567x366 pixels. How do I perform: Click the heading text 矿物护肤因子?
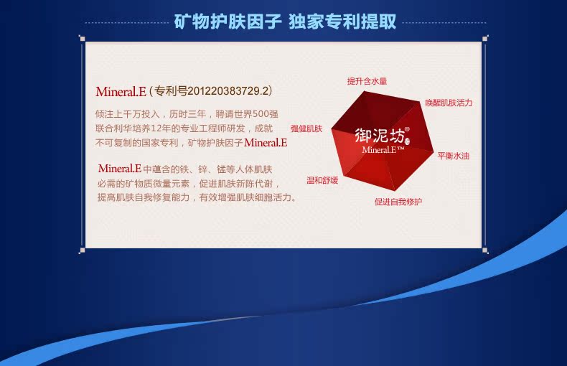(x=228, y=22)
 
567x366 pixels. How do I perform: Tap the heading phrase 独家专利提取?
(x=342, y=22)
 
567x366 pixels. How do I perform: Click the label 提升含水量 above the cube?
(x=367, y=81)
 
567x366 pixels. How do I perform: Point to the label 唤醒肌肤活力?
(x=449, y=103)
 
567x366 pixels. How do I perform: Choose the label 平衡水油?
(x=454, y=156)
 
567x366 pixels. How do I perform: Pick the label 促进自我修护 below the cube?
(x=398, y=202)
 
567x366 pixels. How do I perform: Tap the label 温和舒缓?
(x=322, y=180)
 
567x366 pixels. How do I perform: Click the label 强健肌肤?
(x=306, y=128)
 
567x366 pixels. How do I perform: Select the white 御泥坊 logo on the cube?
(x=380, y=136)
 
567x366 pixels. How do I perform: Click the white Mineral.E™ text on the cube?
(x=383, y=150)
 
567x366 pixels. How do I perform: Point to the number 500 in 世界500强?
(x=261, y=114)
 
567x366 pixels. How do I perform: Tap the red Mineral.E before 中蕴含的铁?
(x=120, y=169)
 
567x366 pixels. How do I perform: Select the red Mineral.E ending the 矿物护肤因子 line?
(x=266, y=143)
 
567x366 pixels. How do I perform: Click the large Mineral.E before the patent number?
(x=121, y=92)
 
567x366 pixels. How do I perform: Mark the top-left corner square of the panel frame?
(x=82, y=39)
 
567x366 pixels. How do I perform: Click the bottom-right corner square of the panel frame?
(x=485, y=250)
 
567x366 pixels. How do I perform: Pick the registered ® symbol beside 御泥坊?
(x=407, y=129)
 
